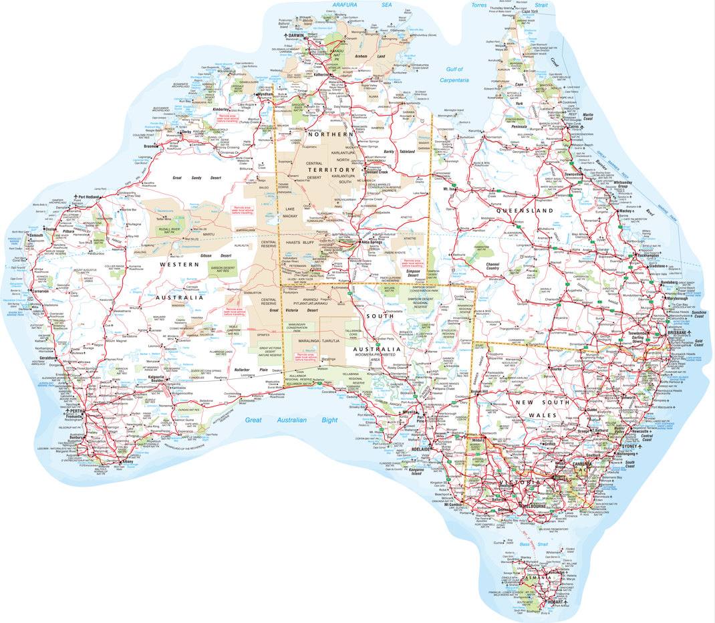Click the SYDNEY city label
(629, 446)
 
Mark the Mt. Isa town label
(450, 190)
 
